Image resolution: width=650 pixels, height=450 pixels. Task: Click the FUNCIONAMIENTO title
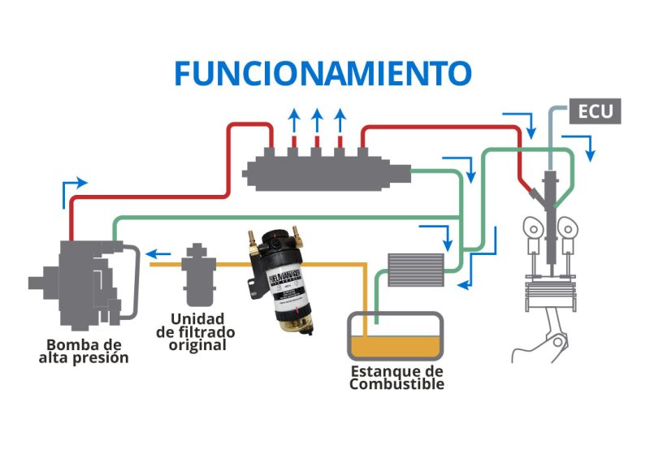tap(323, 73)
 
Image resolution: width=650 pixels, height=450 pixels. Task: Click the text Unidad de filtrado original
tap(197, 331)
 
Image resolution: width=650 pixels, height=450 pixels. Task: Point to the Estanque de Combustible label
tap(396, 377)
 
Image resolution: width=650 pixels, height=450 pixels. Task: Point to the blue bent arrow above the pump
tap(73, 188)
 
